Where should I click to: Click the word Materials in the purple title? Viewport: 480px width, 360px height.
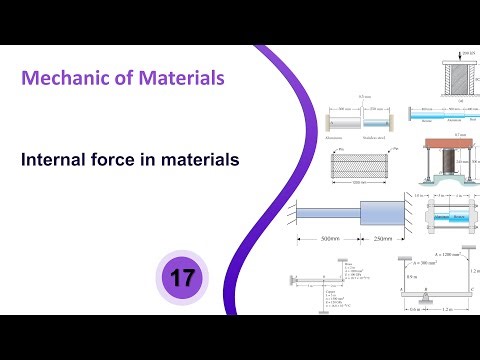point(180,76)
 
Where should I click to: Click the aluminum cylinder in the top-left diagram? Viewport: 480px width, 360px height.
point(338,119)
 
